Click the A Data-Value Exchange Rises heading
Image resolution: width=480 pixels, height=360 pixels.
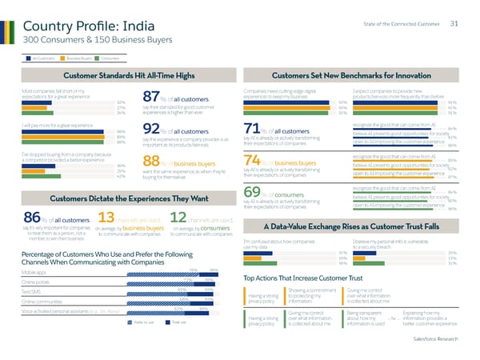tap(351, 224)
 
